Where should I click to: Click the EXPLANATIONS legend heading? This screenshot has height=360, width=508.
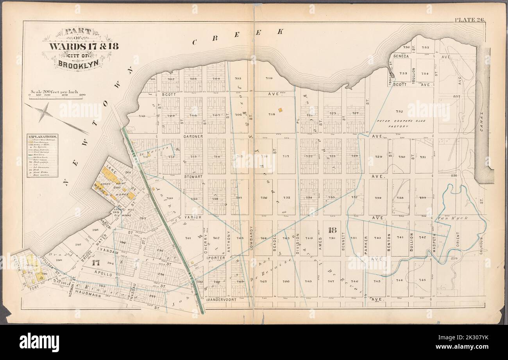pos(42,137)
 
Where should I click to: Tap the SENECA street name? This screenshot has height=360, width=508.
pos(401,56)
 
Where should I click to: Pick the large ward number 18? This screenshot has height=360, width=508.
pos(333,230)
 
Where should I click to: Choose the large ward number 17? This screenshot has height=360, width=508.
pos(95,263)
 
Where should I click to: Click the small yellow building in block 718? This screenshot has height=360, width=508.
pos(280,110)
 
